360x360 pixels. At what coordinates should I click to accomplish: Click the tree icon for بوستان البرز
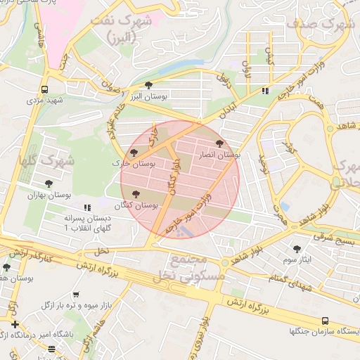(148, 85)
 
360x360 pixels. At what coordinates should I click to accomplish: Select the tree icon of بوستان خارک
(134, 153)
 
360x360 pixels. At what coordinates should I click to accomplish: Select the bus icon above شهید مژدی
(45, 89)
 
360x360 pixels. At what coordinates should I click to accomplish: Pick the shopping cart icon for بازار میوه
(76, 295)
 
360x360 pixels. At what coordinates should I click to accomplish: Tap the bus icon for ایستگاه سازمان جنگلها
(325, 320)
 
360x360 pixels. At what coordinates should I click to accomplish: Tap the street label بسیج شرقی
(331, 239)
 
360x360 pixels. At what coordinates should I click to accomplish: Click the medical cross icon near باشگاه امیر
(15, 324)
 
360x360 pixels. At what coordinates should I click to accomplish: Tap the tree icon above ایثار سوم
(297, 248)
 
